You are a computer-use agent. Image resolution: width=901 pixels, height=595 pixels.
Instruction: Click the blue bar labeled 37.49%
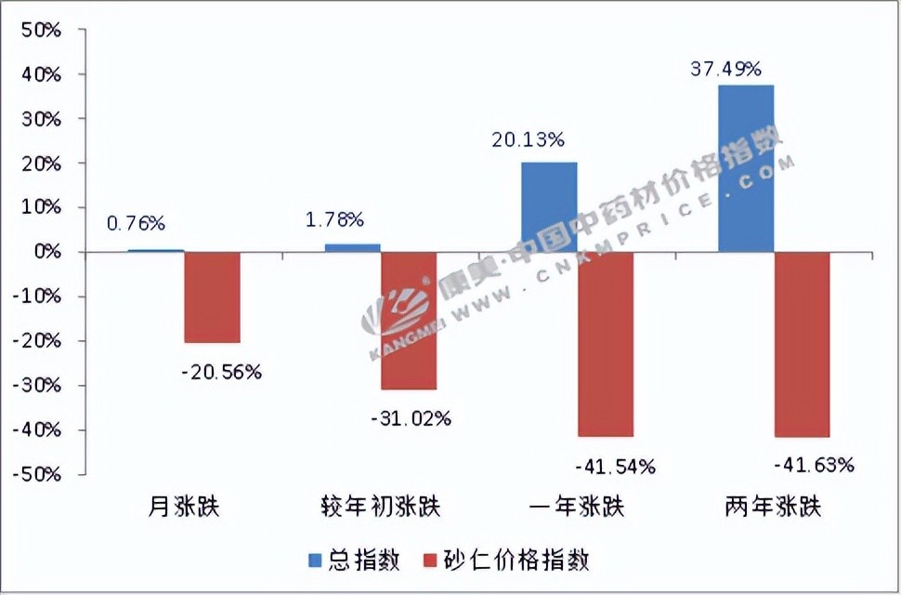tap(746, 168)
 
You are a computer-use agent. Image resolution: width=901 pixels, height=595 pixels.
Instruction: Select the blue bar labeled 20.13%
tap(549, 207)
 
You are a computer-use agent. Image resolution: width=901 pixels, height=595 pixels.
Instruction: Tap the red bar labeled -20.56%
tap(212, 297)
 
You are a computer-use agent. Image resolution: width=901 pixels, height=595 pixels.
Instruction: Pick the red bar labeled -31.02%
tap(409, 320)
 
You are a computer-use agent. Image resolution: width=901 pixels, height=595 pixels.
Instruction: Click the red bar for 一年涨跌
tap(605, 344)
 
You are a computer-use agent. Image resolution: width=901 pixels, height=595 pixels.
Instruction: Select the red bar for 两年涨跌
tap(802, 344)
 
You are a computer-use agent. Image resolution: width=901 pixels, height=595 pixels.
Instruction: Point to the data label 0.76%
tap(136, 223)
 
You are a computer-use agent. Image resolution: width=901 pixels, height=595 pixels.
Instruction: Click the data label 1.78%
tap(334, 220)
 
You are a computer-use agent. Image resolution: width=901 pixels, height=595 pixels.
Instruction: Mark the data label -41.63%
tap(813, 465)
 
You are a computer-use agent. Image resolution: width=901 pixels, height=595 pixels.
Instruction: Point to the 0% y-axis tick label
tap(46, 252)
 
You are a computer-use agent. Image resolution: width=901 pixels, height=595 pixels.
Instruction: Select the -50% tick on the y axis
tap(37, 474)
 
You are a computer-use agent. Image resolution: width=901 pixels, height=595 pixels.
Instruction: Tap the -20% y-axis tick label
tap(37, 341)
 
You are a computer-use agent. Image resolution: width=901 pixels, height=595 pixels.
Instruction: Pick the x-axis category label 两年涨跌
tap(772, 508)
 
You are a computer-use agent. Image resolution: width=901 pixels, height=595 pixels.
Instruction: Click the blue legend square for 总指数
tap(314, 561)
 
